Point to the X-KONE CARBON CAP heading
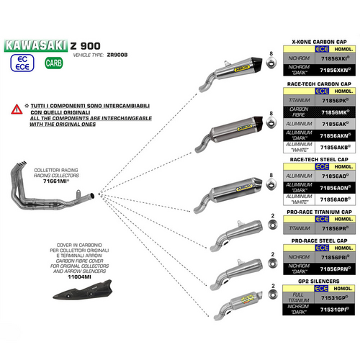coord(318,43)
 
